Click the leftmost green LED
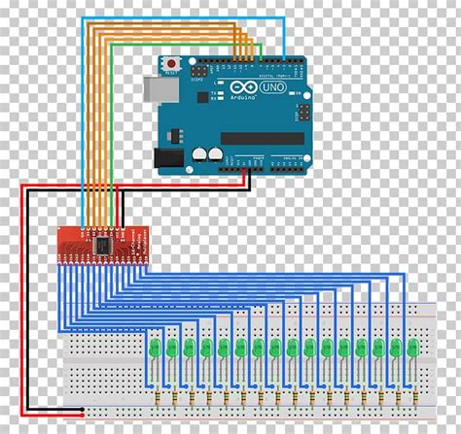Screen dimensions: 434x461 [x=155, y=347]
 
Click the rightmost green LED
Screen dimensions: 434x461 [x=411, y=347]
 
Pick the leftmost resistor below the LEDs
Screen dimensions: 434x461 [x=155, y=398]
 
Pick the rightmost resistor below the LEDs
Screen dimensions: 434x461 [x=411, y=398]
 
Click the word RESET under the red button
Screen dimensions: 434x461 [x=173, y=71]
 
